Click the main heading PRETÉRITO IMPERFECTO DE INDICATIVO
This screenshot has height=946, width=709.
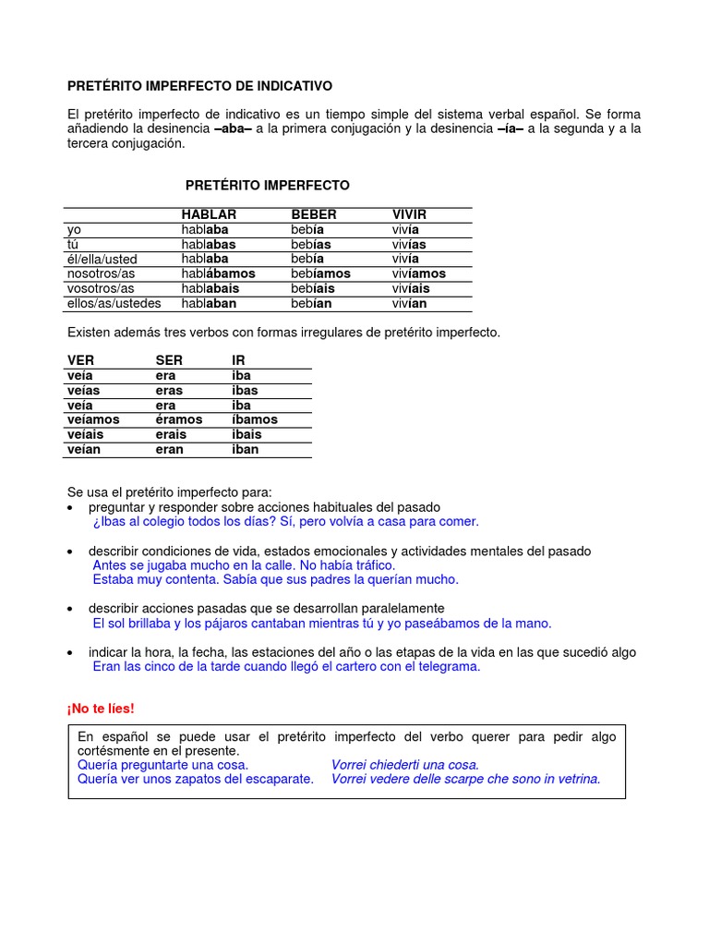[199, 86]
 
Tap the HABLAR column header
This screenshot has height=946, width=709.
[209, 214]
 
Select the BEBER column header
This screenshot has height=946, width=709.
[314, 214]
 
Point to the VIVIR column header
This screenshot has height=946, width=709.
[409, 214]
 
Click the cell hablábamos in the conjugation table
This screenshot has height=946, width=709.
[218, 273]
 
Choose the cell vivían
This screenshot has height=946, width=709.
[409, 303]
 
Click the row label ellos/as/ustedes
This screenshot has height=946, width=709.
[114, 303]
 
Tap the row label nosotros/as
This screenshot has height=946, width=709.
[101, 273]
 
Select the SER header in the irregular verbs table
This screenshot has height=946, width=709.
[169, 360]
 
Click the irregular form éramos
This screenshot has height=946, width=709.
[179, 419]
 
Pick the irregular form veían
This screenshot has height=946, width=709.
[86, 449]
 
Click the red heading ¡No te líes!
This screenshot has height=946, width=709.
[101, 709]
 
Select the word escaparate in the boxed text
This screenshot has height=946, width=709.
[279, 779]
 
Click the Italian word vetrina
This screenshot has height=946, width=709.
[573, 779]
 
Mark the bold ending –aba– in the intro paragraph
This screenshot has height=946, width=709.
[233, 128]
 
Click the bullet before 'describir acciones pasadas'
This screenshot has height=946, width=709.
[72, 609]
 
